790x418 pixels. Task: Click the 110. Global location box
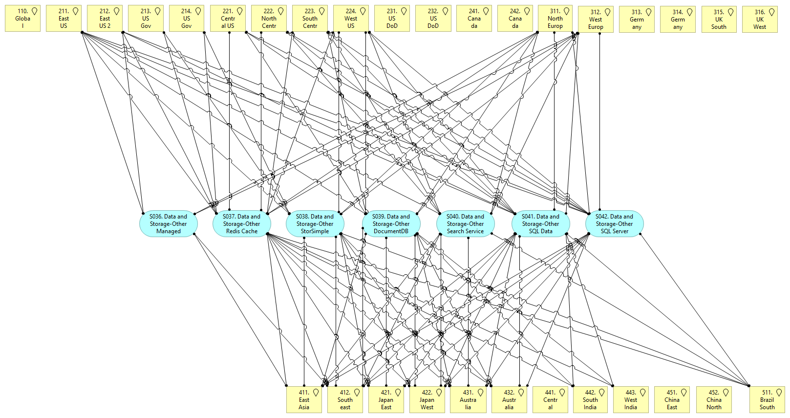point(22,19)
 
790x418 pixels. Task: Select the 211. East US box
point(64,19)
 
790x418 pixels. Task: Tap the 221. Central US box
point(228,19)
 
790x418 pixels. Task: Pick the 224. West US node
point(351,19)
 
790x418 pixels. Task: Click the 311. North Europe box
point(555,19)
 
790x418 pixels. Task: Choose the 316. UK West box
point(759,20)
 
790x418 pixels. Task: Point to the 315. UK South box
point(719,20)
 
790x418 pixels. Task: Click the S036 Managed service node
point(168,224)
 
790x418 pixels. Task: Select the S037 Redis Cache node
point(241,224)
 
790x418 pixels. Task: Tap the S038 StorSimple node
point(315,224)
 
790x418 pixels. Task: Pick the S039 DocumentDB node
point(391,224)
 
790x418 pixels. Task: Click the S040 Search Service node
point(465,224)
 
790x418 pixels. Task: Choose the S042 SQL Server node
point(614,224)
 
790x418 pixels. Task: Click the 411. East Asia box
point(304,400)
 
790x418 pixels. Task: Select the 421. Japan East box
point(386,400)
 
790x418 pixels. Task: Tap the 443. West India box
point(631,400)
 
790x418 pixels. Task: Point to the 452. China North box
point(714,400)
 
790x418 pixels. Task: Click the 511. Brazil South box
point(767,400)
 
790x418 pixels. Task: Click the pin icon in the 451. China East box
point(684,393)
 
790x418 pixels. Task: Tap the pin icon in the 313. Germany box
point(648,12)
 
